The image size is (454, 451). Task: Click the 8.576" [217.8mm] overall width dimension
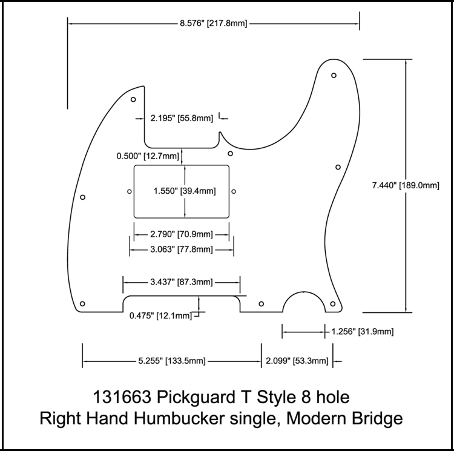click(213, 24)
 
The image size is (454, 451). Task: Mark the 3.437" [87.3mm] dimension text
click(181, 282)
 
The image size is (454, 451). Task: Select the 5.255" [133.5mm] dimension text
click(172, 361)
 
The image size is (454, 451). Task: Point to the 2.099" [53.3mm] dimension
click(297, 361)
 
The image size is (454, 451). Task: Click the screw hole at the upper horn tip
click(334, 76)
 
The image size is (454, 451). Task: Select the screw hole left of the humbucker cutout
click(130, 192)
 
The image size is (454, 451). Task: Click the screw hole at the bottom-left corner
click(83, 303)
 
